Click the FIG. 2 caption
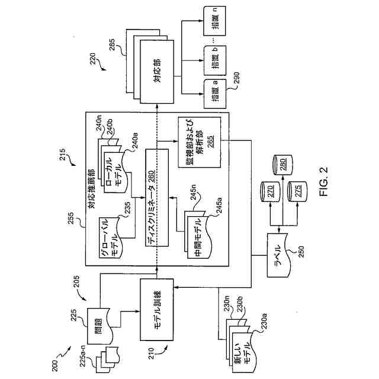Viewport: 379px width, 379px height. (323, 182)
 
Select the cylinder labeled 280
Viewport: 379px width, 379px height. (282, 165)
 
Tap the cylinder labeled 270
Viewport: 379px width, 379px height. (270, 191)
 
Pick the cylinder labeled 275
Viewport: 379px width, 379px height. (297, 191)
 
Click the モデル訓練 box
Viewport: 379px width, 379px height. (157, 310)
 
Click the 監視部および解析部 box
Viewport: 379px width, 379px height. (200, 142)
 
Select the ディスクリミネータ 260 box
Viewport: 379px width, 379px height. (157, 198)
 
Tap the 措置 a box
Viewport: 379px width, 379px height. (215, 94)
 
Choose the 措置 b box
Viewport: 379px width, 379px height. (215, 60)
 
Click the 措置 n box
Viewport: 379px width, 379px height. (215, 21)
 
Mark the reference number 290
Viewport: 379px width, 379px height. (236, 78)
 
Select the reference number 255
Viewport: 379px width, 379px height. (71, 218)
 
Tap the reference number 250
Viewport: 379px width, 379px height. (301, 252)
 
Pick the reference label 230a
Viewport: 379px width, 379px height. (263, 321)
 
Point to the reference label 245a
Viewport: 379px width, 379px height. (219, 205)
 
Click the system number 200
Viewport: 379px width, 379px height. (55, 365)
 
